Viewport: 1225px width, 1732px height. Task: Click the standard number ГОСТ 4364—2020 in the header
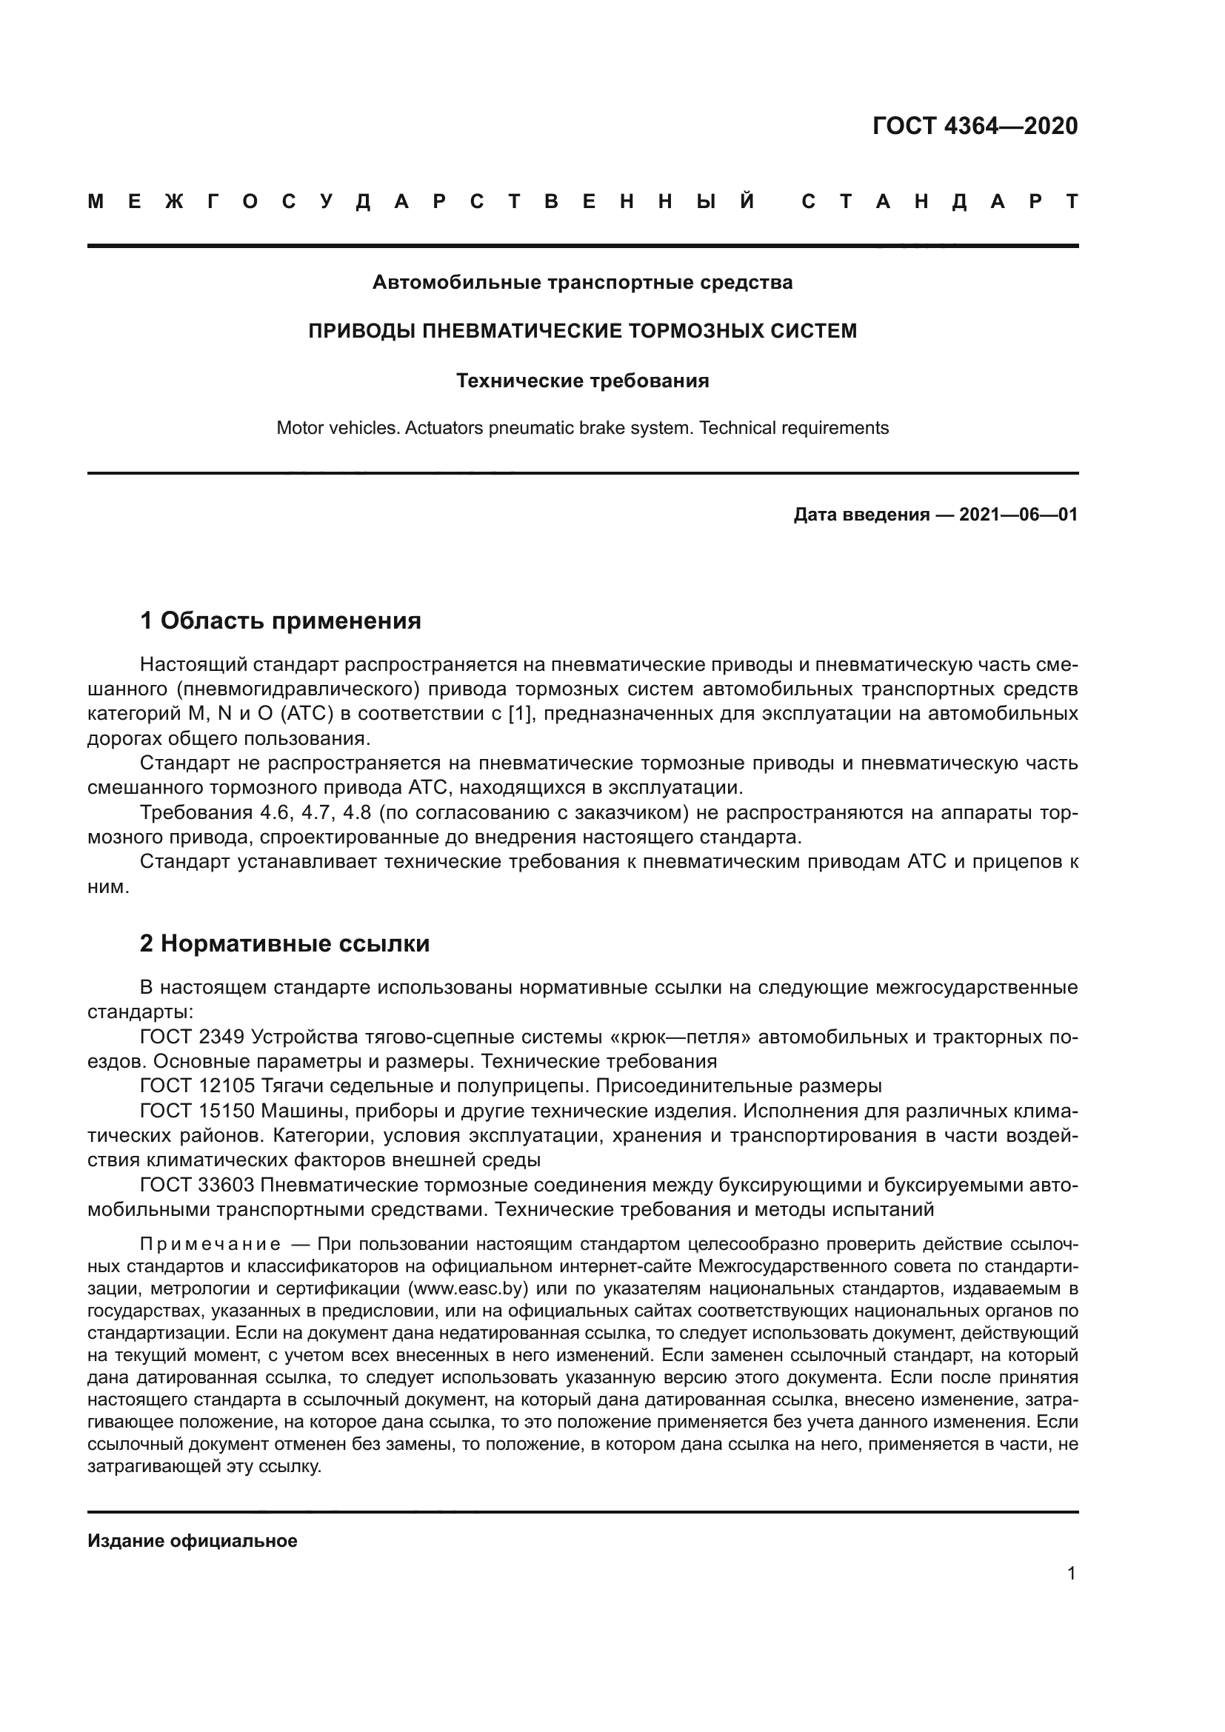tap(975, 126)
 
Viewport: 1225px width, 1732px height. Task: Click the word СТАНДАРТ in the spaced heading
tap(940, 202)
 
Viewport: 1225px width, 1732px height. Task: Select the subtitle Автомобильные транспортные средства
tap(582, 283)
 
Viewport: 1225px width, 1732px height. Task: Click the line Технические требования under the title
tap(582, 381)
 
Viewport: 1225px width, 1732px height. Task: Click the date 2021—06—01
tap(1018, 515)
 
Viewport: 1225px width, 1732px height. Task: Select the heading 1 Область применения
tap(280, 621)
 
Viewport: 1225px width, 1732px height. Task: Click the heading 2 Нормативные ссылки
tap(284, 943)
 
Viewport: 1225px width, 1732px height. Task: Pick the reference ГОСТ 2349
tap(192, 1037)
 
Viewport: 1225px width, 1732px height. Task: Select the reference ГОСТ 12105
tap(198, 1086)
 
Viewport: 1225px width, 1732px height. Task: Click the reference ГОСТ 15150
tap(198, 1111)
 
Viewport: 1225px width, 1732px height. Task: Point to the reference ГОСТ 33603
tap(198, 1185)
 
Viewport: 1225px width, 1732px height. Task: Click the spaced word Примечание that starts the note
tap(210, 1244)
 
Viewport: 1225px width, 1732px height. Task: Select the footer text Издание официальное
tap(193, 1535)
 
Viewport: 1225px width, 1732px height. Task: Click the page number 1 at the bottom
tap(1071, 1574)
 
